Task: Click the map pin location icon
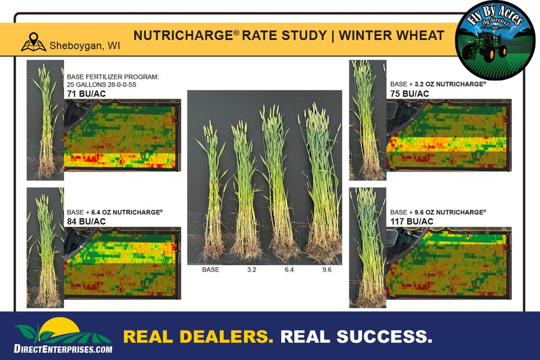pyautogui.click(x=33, y=42)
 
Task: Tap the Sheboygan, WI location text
pyautogui.click(x=85, y=46)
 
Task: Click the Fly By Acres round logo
pyautogui.click(x=496, y=40)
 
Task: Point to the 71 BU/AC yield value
pyautogui.click(x=86, y=94)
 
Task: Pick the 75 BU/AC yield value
pyautogui.click(x=409, y=94)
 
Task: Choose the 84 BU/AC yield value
pyautogui.click(x=86, y=222)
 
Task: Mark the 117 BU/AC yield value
pyautogui.click(x=412, y=222)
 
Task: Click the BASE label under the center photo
pyautogui.click(x=210, y=269)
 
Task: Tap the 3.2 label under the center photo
pyautogui.click(x=252, y=269)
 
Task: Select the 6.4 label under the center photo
pyautogui.click(x=289, y=269)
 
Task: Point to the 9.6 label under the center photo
pyautogui.click(x=327, y=269)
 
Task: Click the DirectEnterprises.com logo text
pyautogui.click(x=63, y=349)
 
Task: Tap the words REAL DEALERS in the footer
pyautogui.click(x=199, y=336)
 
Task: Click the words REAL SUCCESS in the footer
pyautogui.click(x=357, y=336)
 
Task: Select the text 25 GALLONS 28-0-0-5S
pyautogui.click(x=102, y=85)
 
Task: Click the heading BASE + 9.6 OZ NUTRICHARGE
pyautogui.click(x=438, y=212)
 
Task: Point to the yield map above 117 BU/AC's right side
pyautogui.click(x=449, y=135)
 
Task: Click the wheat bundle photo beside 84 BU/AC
pyautogui.click(x=45, y=247)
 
